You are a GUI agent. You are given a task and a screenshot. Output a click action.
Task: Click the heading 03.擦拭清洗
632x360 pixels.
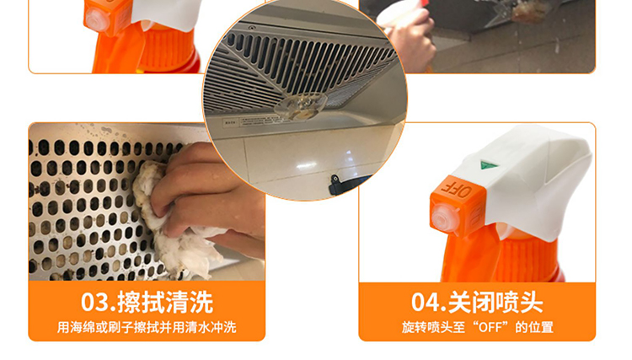[147, 302]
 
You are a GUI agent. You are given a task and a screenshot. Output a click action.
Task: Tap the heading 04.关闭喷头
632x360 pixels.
[477, 302]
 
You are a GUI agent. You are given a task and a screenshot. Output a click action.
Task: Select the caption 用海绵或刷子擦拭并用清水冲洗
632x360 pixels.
[147, 327]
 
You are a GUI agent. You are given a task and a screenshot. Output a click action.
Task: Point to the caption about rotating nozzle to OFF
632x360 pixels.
[477, 327]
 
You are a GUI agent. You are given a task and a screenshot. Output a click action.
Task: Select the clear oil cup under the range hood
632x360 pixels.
[301, 105]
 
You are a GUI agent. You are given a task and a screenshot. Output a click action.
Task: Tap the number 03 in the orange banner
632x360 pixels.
[95, 303]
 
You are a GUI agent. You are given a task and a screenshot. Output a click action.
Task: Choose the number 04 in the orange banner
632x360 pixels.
[426, 303]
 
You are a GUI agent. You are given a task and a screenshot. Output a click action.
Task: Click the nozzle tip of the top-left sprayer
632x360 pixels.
[95, 19]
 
